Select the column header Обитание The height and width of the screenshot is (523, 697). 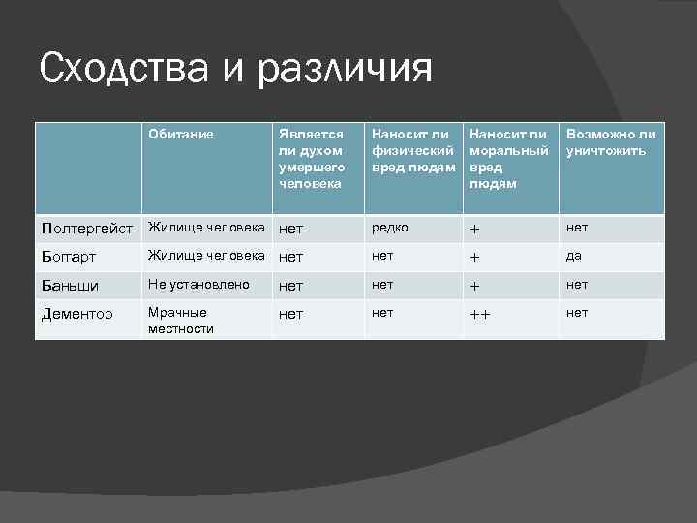181,134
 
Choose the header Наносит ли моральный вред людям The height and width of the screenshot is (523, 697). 509,158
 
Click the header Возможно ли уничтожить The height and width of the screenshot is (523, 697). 611,142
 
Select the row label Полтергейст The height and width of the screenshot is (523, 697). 87,229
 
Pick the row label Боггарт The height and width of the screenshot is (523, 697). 72,257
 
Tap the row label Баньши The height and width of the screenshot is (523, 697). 69,285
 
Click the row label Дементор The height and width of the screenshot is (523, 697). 76,314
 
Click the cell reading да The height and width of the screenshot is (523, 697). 574,257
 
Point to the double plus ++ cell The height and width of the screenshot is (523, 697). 480,315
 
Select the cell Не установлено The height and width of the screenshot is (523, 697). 198,285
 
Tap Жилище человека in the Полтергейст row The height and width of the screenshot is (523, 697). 205,228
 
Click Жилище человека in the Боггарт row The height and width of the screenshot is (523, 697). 205,256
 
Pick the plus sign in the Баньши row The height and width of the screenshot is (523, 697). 474,286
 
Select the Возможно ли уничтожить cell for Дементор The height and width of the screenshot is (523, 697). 577,314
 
